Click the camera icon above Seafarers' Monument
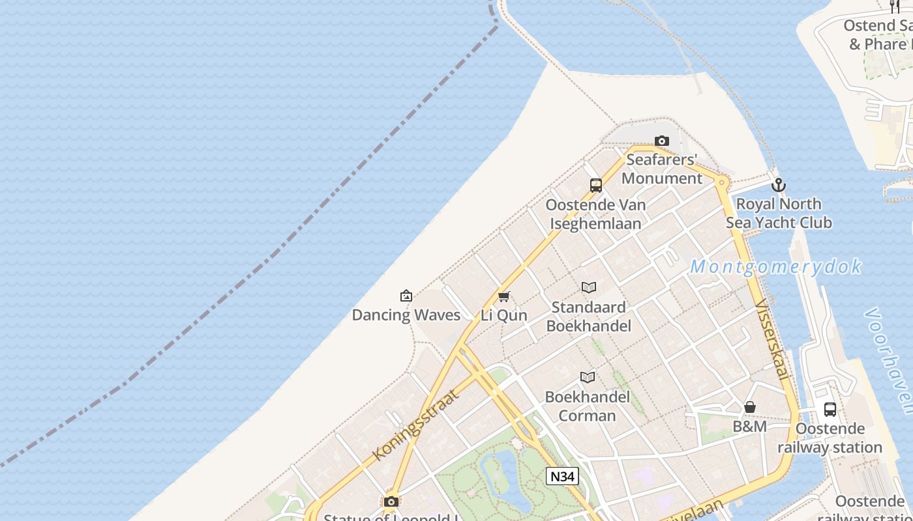[662, 141]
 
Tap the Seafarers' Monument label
[662, 169]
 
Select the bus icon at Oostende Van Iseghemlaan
[595, 186]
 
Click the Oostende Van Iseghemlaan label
[595, 214]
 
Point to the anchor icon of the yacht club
[778, 185]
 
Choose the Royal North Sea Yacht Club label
[779, 214]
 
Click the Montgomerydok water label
[776, 267]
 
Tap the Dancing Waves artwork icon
[406, 296]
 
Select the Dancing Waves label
[406, 315]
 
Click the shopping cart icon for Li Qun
[503, 297]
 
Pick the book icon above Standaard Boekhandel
[589, 287]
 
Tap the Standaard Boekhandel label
[589, 317]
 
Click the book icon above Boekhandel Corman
[588, 377]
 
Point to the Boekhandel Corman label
[588, 406]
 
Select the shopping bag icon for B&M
[750, 408]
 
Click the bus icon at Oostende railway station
[830, 410]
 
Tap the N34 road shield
[562, 476]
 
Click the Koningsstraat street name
[415, 425]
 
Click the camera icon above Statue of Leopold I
[391, 501]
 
